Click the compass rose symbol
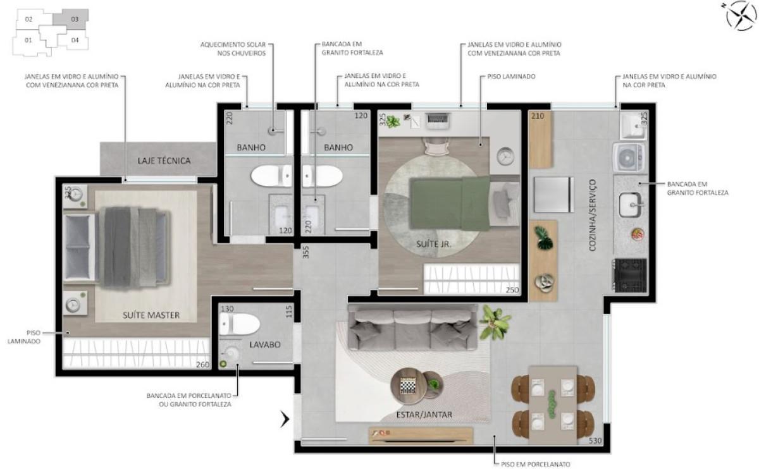(x=741, y=15)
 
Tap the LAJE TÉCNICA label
(x=164, y=161)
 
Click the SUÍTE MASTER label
(x=151, y=315)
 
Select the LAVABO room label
(x=265, y=344)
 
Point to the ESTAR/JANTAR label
(x=424, y=415)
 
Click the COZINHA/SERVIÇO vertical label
(x=592, y=215)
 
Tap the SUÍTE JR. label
(x=434, y=244)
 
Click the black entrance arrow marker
(x=285, y=419)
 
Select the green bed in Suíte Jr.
(x=450, y=203)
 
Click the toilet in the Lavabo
(x=239, y=324)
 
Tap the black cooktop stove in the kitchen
(x=630, y=276)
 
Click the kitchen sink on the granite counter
(x=630, y=205)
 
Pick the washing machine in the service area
(x=629, y=157)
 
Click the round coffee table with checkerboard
(x=409, y=386)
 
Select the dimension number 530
(x=595, y=441)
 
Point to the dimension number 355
(x=305, y=252)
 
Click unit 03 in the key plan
(x=70, y=20)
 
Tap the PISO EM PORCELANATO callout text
(x=535, y=464)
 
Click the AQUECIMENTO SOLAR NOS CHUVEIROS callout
(x=233, y=49)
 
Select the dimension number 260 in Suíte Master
(x=202, y=365)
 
